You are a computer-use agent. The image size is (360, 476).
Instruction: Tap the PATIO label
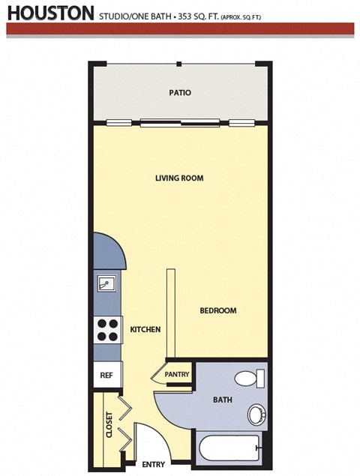tap(179, 93)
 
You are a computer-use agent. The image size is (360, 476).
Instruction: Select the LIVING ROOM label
tap(179, 178)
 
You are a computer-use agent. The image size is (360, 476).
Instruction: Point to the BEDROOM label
tap(217, 310)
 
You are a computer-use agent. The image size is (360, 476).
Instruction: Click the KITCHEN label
tap(145, 329)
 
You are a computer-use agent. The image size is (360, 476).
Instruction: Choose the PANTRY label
tap(177, 374)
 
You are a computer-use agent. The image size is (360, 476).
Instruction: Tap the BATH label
tap(221, 400)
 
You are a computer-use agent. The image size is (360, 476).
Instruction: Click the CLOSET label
tap(109, 424)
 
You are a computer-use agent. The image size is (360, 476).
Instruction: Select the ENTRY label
tap(153, 464)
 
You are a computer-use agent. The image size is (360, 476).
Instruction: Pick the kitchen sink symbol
tap(106, 284)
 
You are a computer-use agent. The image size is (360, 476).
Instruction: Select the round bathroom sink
tap(256, 414)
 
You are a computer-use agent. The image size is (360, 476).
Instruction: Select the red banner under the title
tap(180, 28)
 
